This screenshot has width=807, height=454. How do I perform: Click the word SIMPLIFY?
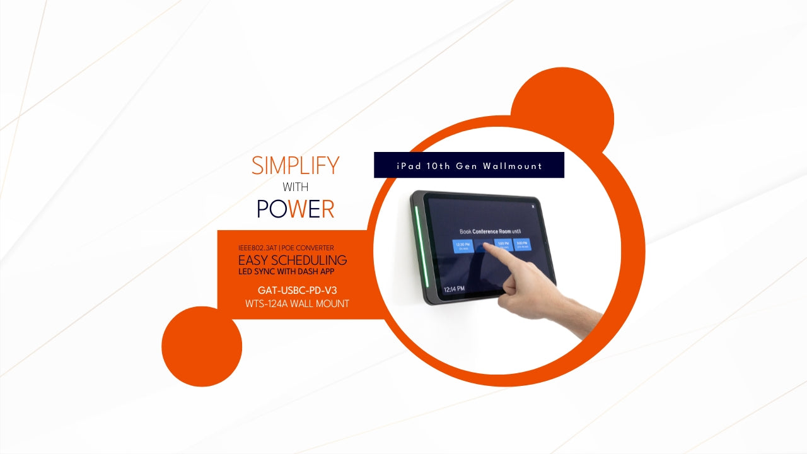tap(295, 166)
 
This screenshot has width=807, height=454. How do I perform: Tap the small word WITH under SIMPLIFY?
tap(295, 187)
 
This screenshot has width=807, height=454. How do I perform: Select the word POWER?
tap(295, 209)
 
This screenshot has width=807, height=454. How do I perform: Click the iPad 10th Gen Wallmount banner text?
tap(469, 166)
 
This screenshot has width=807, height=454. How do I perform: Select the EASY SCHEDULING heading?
tap(292, 260)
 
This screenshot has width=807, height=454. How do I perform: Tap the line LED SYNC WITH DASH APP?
tap(286, 272)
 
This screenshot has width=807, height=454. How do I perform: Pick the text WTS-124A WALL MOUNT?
tap(297, 303)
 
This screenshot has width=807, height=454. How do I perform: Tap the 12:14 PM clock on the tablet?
tap(455, 289)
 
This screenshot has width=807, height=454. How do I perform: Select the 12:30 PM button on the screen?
tap(462, 245)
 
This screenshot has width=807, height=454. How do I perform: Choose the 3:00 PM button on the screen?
tap(521, 245)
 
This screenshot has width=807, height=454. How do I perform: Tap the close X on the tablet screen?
tap(533, 206)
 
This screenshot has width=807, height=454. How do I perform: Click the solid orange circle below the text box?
tap(202, 346)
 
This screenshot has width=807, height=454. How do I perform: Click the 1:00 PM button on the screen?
tap(502, 245)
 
